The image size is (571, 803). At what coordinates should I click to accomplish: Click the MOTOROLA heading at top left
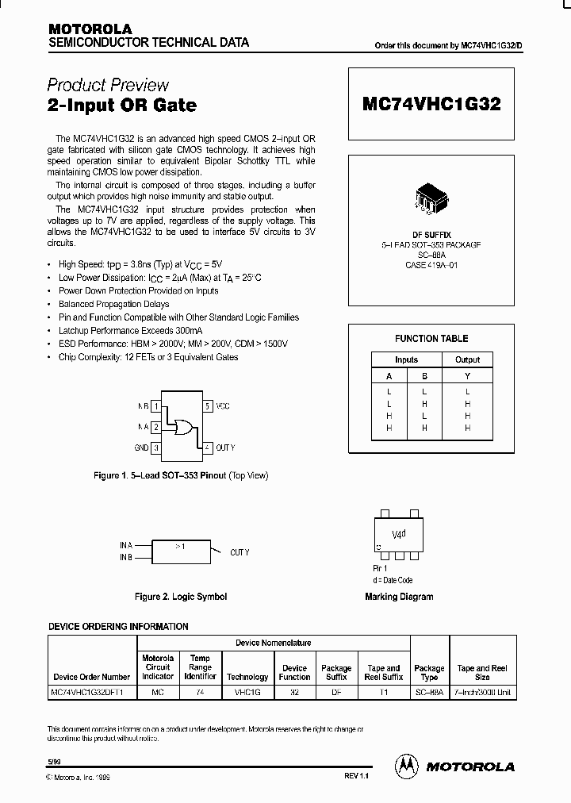click(x=89, y=29)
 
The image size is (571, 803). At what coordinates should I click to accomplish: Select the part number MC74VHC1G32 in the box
click(x=431, y=104)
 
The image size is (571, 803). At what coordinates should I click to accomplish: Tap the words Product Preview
click(x=108, y=85)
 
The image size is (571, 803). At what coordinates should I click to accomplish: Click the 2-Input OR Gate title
click(x=121, y=105)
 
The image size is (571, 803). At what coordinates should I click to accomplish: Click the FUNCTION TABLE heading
click(x=431, y=339)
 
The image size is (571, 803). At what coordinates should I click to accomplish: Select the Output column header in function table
click(x=467, y=359)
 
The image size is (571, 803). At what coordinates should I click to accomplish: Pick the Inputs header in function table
click(x=406, y=359)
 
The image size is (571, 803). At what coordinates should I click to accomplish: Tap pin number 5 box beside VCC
click(x=207, y=406)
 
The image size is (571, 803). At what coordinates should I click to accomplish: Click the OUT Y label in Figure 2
click(x=240, y=552)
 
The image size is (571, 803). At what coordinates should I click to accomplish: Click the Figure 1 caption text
click(x=181, y=475)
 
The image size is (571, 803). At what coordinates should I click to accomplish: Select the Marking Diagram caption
click(x=399, y=597)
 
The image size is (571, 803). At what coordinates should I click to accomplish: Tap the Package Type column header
click(x=430, y=673)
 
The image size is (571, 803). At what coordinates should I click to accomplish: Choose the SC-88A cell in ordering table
click(x=430, y=693)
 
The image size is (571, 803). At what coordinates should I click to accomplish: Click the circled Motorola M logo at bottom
click(x=407, y=766)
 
